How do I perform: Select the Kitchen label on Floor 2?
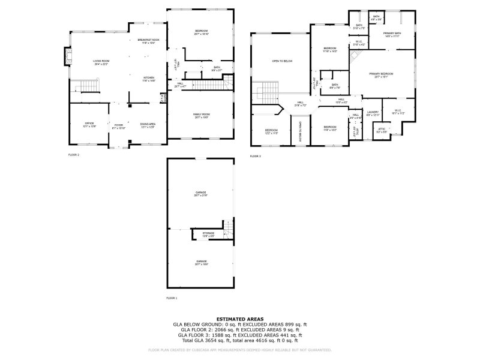coord(149,79)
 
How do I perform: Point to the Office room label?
coord(89,124)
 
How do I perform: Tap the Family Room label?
coord(201,115)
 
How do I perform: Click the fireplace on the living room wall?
coord(67,58)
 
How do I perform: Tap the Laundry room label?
coord(373,112)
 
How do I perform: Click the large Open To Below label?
coord(282,61)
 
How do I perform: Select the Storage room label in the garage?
coord(208,233)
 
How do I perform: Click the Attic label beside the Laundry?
coord(382,129)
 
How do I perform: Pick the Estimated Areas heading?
coord(240,319)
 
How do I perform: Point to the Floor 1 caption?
coord(172,298)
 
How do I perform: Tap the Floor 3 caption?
coord(256,156)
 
